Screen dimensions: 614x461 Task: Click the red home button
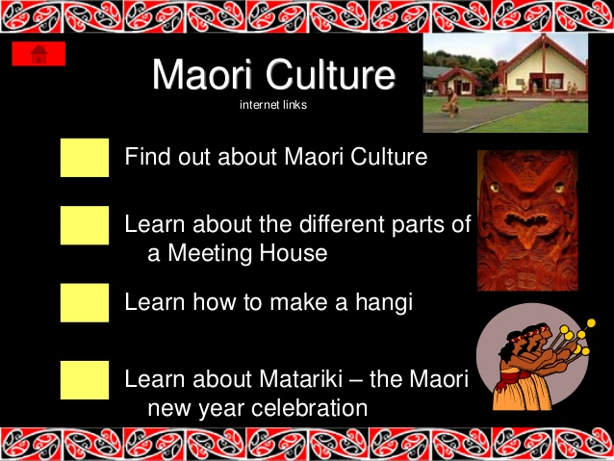click(38, 54)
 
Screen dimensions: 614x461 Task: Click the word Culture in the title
click(330, 74)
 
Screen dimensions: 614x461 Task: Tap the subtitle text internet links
click(273, 105)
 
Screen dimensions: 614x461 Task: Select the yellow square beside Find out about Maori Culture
click(85, 158)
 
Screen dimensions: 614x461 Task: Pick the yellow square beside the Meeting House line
click(85, 225)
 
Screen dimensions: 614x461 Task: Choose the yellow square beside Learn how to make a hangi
click(85, 303)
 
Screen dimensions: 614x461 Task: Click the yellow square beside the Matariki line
click(85, 380)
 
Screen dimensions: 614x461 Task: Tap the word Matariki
click(300, 379)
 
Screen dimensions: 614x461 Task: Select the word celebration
click(309, 408)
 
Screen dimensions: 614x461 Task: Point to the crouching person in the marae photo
click(451, 103)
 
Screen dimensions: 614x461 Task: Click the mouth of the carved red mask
click(526, 218)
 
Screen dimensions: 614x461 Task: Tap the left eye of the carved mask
click(495, 188)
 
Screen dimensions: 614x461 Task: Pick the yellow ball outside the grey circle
click(591, 323)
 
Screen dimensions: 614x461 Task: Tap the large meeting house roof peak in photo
click(543, 37)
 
